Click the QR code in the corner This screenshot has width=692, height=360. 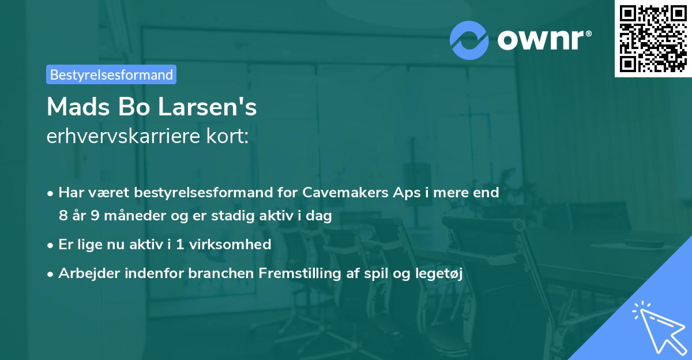[x=653, y=38]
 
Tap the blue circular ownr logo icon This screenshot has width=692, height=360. [x=469, y=40]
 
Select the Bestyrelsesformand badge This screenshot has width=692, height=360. [x=111, y=74]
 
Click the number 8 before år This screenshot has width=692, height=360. [x=62, y=216]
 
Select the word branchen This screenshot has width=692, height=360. [x=216, y=273]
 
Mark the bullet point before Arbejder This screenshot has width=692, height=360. [x=51, y=274]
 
